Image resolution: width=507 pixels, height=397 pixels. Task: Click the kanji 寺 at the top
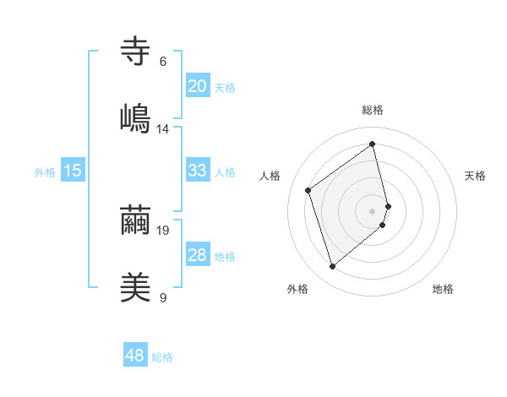point(136,50)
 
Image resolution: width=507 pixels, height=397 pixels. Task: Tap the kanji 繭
point(136,220)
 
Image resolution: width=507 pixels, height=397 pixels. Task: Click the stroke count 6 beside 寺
point(163,61)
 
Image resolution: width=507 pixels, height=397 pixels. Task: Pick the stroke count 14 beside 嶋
point(163,129)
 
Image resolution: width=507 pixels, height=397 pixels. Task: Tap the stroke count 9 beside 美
point(163,297)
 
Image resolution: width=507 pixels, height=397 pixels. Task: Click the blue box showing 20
point(198,86)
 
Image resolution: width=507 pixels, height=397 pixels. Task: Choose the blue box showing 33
point(198,171)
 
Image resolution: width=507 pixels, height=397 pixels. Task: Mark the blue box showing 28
point(198,255)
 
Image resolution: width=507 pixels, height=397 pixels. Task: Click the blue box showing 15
point(73,171)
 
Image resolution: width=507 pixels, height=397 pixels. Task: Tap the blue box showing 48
point(135,356)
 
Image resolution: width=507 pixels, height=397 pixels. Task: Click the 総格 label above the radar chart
point(373,110)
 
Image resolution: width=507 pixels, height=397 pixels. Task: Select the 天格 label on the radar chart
point(475,176)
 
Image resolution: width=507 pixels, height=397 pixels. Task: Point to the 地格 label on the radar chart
point(443,289)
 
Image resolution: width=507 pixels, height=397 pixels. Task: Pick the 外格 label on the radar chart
point(297,289)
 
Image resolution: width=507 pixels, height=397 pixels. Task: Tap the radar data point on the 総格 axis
point(373,144)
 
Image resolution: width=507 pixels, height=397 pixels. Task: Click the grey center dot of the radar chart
point(373,210)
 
